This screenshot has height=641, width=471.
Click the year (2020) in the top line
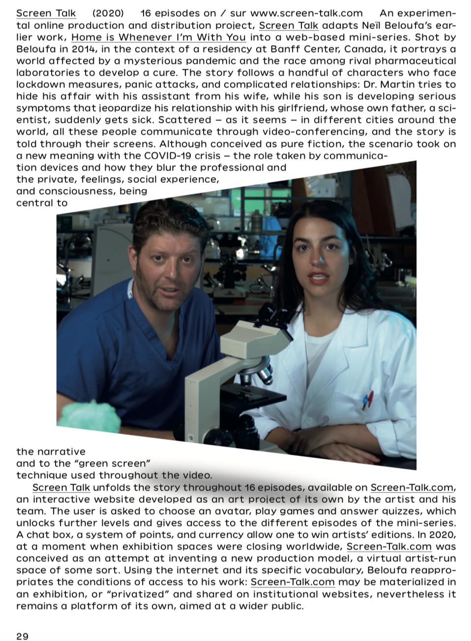[x=108, y=13]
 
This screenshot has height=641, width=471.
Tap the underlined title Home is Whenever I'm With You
[x=158, y=37]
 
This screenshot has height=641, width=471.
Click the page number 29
[x=22, y=636]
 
